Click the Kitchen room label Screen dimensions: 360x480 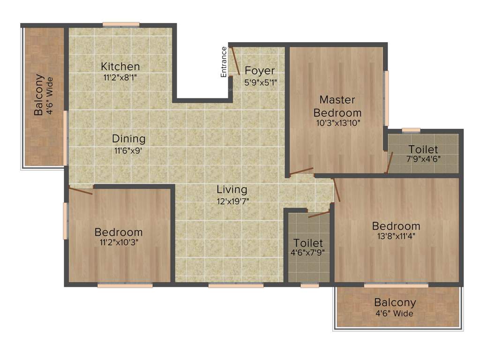120,66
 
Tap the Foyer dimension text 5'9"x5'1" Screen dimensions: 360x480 260,83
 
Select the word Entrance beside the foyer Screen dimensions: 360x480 224,62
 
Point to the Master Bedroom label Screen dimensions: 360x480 337,106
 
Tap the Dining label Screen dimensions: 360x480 128,139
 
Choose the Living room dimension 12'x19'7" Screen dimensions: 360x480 232,202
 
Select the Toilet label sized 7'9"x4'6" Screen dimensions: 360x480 423,149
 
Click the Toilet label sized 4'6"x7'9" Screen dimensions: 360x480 308,243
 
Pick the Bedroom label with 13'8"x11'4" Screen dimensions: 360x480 397,225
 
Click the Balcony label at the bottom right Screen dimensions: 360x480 395,302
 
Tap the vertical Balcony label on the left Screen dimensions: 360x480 39,95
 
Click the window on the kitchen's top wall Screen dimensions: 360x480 121,24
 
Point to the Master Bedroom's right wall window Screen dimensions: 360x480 387,98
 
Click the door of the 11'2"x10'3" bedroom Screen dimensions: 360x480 81,190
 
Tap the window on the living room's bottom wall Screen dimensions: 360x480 236,285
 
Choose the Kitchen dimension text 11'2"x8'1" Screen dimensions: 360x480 120,78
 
